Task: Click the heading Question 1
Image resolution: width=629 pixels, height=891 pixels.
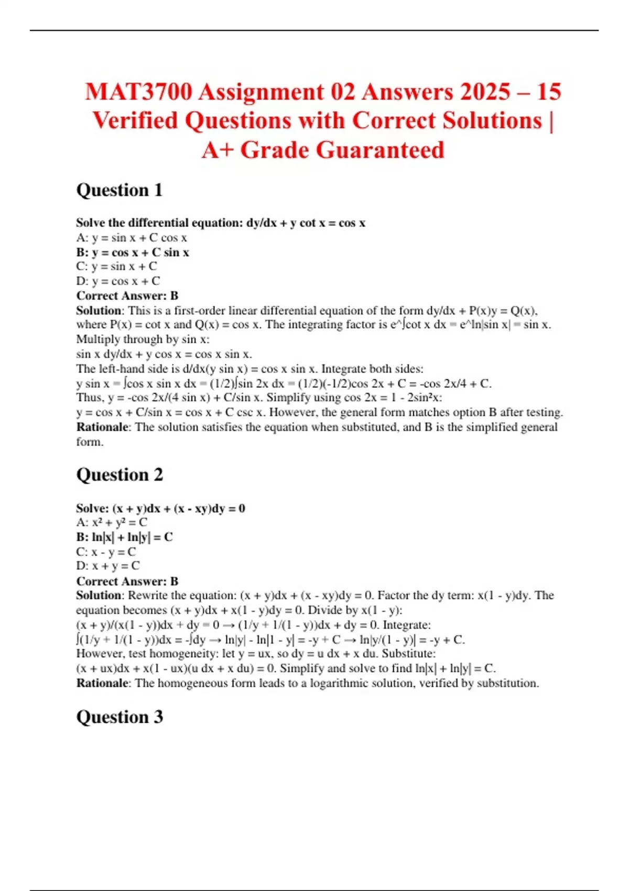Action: tap(120, 190)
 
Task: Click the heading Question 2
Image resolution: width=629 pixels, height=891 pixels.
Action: tap(120, 475)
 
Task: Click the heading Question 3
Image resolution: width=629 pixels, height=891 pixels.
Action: tap(120, 716)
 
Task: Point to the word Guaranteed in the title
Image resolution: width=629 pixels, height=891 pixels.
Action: tap(342, 150)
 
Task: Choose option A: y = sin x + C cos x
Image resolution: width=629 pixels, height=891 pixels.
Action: tap(132, 238)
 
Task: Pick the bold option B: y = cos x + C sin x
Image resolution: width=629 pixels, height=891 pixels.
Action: tap(133, 252)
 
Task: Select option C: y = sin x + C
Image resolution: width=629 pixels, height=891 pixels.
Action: tap(116, 266)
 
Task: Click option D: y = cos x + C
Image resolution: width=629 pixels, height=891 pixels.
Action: tap(118, 281)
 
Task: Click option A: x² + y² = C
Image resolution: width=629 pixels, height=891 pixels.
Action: tap(112, 523)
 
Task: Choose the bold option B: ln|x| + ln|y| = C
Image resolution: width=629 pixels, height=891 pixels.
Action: tap(124, 537)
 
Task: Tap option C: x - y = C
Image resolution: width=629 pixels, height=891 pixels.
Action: tap(106, 552)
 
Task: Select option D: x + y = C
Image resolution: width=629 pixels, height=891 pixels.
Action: tap(108, 566)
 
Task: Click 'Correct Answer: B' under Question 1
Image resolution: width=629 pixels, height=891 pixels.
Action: tap(127, 296)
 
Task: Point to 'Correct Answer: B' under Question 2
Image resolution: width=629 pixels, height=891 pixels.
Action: tap(127, 581)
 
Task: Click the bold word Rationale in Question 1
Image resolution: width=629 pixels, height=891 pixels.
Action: tap(102, 427)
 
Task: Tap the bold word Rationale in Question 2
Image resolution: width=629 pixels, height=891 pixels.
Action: tap(102, 683)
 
